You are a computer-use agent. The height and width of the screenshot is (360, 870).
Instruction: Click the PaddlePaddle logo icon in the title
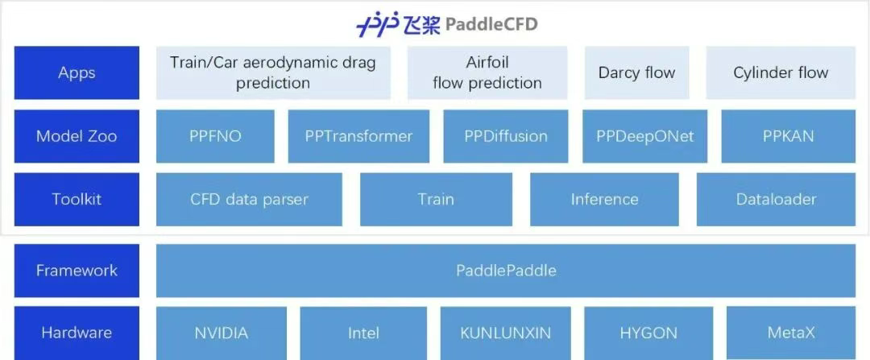click(x=378, y=25)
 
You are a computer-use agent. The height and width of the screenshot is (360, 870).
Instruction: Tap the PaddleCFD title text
click(x=491, y=25)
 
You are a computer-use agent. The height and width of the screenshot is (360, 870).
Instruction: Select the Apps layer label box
click(x=77, y=72)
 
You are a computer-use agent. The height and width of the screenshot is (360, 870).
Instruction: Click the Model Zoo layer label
click(x=77, y=136)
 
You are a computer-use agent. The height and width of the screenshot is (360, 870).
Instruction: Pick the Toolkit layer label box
click(x=77, y=199)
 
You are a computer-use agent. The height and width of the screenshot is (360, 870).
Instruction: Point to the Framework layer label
click(x=77, y=271)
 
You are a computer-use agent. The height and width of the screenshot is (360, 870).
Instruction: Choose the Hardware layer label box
click(x=77, y=333)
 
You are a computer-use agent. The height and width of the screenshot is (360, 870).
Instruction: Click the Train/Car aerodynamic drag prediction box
click(x=273, y=72)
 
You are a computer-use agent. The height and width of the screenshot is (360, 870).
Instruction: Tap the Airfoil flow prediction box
click(x=487, y=72)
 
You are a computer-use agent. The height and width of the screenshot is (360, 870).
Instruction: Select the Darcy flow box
click(x=637, y=72)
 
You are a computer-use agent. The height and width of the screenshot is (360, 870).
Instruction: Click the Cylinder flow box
click(x=781, y=72)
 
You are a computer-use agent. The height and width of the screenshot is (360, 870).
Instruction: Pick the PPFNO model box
click(x=215, y=136)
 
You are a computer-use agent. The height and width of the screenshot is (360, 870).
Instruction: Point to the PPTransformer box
click(x=359, y=136)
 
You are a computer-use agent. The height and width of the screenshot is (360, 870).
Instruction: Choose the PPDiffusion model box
click(x=506, y=136)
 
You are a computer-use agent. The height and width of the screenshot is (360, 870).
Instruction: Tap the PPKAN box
click(x=789, y=136)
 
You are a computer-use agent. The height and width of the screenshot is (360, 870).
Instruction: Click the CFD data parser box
click(x=249, y=199)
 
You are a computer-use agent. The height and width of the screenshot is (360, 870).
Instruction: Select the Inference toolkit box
click(x=604, y=199)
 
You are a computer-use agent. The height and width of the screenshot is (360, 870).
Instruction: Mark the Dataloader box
click(x=777, y=199)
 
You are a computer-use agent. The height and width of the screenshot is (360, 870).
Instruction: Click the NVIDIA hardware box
click(x=222, y=333)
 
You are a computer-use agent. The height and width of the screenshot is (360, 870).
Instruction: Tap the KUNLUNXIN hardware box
click(x=505, y=333)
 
